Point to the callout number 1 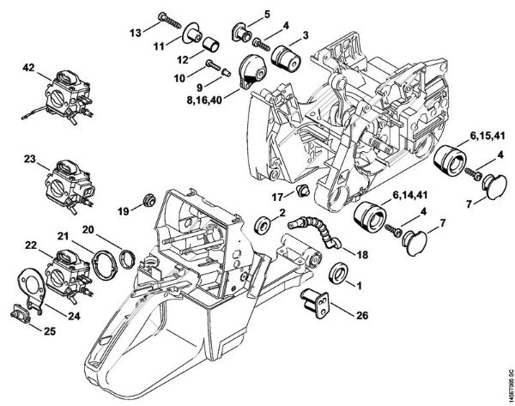[358, 285]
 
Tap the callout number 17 [277, 197]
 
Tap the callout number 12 [182, 59]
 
